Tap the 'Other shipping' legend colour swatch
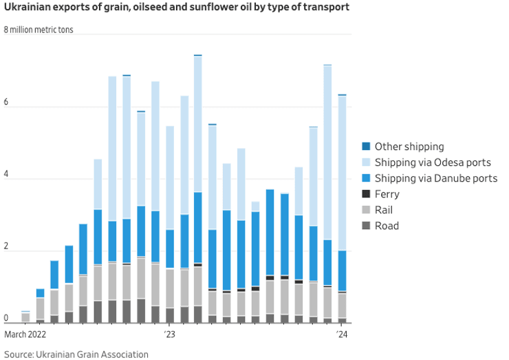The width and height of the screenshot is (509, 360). tap(366, 147)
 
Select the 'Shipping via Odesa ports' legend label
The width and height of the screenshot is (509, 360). tap(433, 162)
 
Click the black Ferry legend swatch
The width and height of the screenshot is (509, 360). tap(366, 194)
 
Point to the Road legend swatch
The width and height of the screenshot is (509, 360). tap(366, 226)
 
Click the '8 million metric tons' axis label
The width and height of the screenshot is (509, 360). tap(39, 30)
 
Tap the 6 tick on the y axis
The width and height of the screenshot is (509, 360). tap(7, 103)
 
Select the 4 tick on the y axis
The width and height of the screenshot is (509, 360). tap(7, 175)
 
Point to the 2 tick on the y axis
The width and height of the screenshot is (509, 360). tap(7, 247)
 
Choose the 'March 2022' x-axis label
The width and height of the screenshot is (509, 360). tap(25, 335)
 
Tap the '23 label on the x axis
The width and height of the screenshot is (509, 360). tap(170, 335)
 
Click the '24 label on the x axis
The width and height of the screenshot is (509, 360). tap(341, 335)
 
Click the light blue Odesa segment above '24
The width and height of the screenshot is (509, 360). tap(342, 172)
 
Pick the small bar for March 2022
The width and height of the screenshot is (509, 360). tap(26, 317)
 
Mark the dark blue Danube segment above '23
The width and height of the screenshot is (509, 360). tap(170, 248)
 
